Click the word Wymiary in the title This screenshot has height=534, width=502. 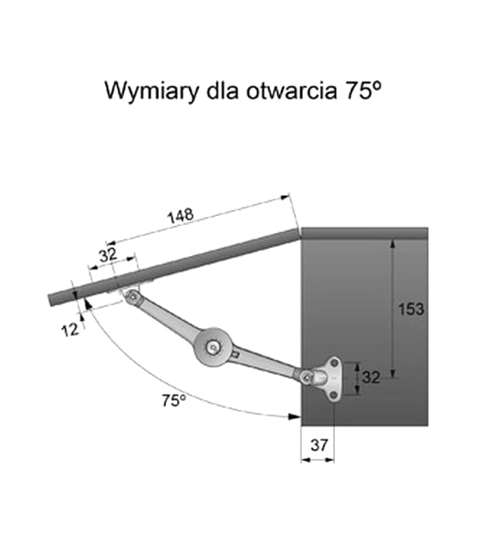[152, 91]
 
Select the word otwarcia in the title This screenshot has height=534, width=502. [291, 91]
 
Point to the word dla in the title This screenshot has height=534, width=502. [223, 90]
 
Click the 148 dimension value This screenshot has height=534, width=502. [181, 216]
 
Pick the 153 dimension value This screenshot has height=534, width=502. [412, 309]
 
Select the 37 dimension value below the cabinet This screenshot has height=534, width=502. [319, 445]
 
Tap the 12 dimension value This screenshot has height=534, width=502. [70, 330]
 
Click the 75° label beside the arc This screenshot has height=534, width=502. [174, 401]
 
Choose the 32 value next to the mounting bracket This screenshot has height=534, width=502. [371, 377]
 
